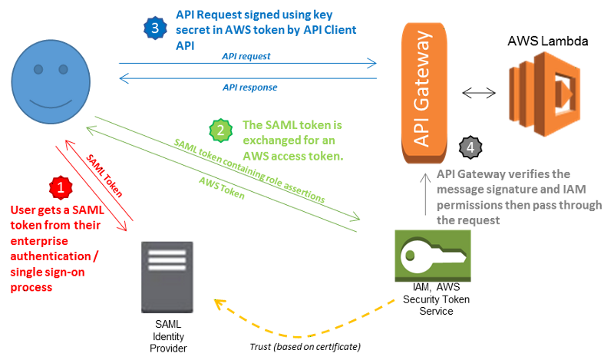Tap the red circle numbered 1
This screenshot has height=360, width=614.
tap(61, 187)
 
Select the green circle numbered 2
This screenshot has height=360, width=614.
tap(222, 130)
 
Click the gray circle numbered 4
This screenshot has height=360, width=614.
tap(490, 146)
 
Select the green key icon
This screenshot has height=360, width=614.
tap(434, 253)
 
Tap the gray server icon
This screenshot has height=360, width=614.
tap(168, 276)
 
